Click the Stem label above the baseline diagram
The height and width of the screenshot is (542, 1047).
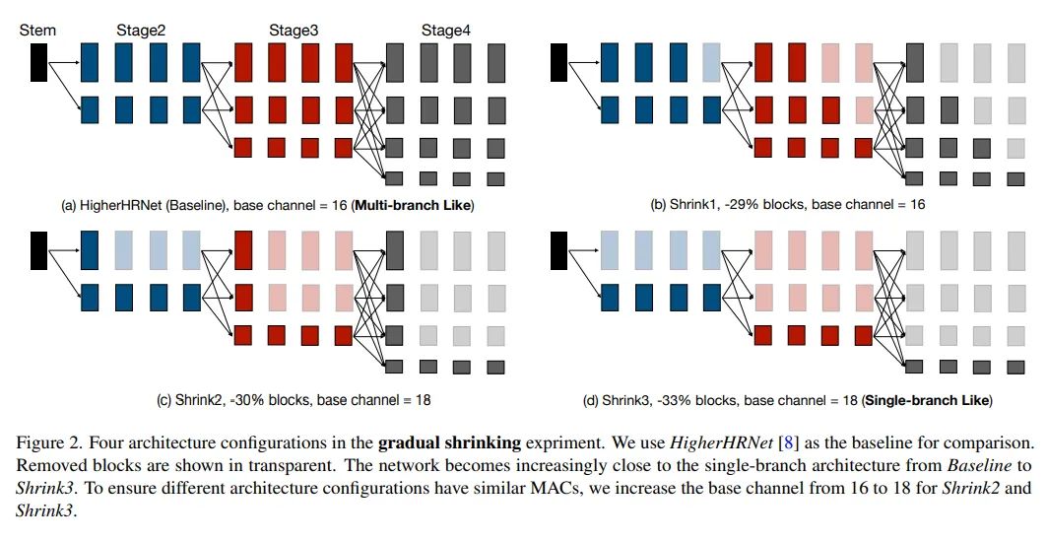coord(37,31)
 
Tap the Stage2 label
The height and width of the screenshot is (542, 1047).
coord(140,31)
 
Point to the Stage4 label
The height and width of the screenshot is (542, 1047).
coord(445,31)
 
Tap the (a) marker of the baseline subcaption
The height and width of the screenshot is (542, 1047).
coord(69,205)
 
